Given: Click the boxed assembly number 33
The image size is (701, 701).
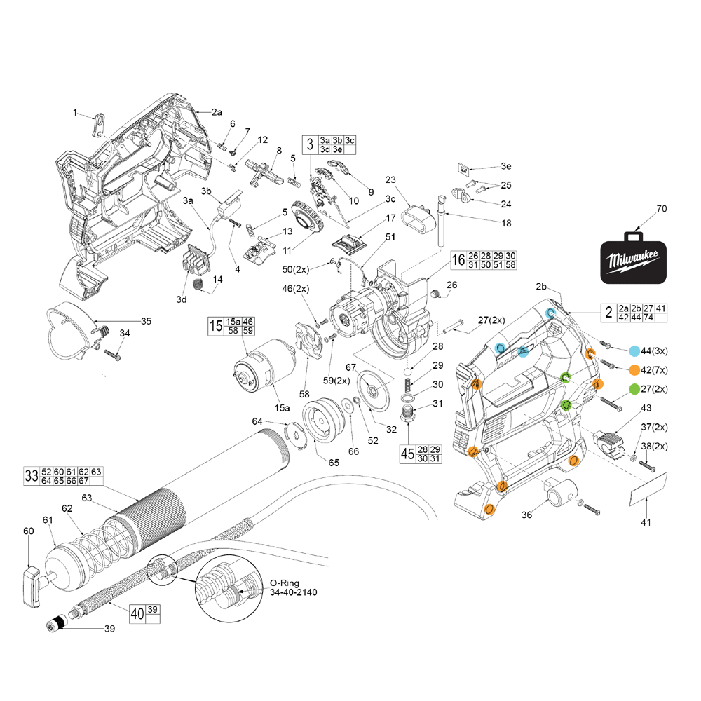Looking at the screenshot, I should (x=30, y=477).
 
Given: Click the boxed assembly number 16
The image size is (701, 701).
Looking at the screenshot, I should (x=458, y=261).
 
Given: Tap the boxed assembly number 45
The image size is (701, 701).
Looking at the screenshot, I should (x=407, y=454).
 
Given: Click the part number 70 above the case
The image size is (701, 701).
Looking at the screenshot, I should (x=661, y=209).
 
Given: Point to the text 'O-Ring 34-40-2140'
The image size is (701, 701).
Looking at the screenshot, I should (x=293, y=587).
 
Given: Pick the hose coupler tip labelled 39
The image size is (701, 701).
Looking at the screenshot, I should (x=55, y=622).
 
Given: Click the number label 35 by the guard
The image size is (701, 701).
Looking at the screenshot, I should (x=146, y=322).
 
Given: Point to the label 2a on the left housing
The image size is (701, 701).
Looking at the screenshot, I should (x=217, y=112).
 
